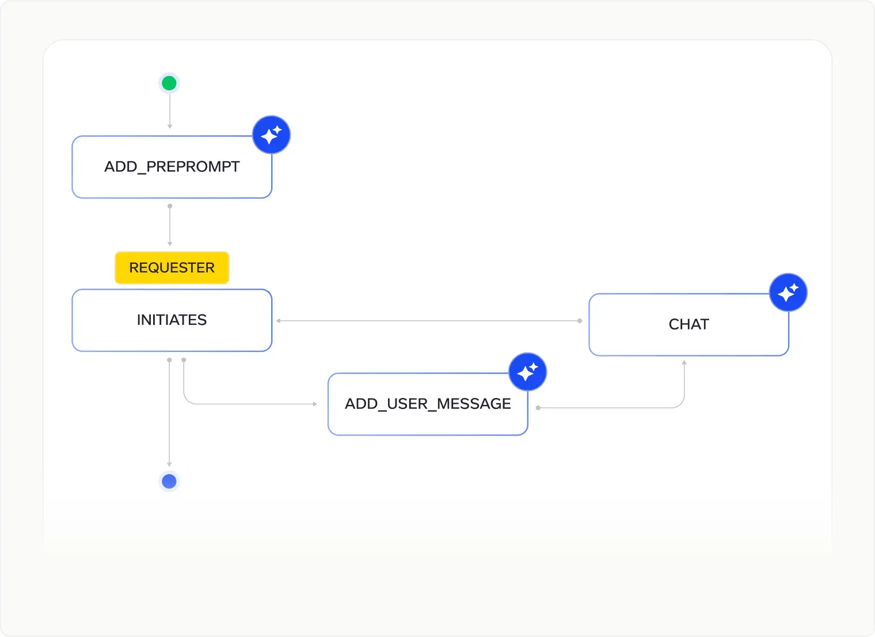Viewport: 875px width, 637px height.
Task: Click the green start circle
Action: tap(169, 84)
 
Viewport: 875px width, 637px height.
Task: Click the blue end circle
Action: tap(169, 481)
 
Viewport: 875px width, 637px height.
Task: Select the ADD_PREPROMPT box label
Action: tap(172, 167)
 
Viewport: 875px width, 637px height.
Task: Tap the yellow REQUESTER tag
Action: tap(172, 268)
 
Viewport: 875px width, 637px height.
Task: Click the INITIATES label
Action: tap(172, 320)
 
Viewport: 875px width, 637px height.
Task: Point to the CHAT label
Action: tap(688, 324)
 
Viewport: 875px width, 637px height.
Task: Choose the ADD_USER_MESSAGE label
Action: tap(428, 404)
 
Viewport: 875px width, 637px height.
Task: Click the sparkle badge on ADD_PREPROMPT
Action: tap(271, 135)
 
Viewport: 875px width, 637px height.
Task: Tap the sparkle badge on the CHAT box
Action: tap(788, 293)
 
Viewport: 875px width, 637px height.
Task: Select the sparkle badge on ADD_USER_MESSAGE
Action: tap(527, 372)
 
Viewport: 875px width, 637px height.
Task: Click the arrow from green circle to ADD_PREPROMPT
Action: tap(169, 111)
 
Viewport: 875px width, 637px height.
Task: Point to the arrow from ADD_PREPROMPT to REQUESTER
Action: tap(169, 225)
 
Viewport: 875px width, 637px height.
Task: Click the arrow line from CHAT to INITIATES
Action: tap(429, 321)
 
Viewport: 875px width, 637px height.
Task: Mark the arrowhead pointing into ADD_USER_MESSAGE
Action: tap(315, 404)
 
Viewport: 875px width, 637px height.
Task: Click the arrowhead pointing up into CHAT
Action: tap(684, 363)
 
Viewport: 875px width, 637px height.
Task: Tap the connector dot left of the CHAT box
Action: tap(580, 321)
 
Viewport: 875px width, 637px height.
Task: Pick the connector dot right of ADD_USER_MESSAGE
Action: tap(538, 408)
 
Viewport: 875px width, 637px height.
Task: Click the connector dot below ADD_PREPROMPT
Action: tap(169, 206)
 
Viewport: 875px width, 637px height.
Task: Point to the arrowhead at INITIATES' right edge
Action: tap(278, 321)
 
